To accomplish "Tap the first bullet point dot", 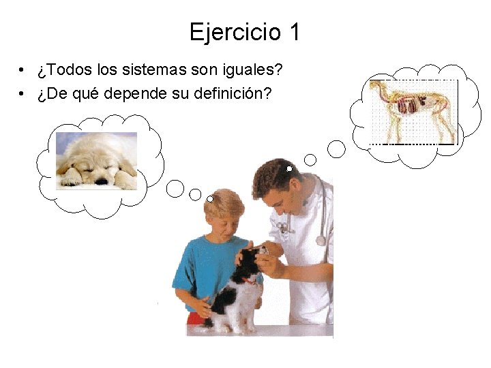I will click(23, 71).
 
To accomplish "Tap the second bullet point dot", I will click(23, 94).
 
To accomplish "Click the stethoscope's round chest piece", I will click(321, 241).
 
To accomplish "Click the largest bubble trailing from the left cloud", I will click(175, 188).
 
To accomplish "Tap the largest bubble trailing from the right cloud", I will click(336, 148).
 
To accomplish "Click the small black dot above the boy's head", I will click(211, 199).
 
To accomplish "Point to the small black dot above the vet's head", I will click(289, 168).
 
